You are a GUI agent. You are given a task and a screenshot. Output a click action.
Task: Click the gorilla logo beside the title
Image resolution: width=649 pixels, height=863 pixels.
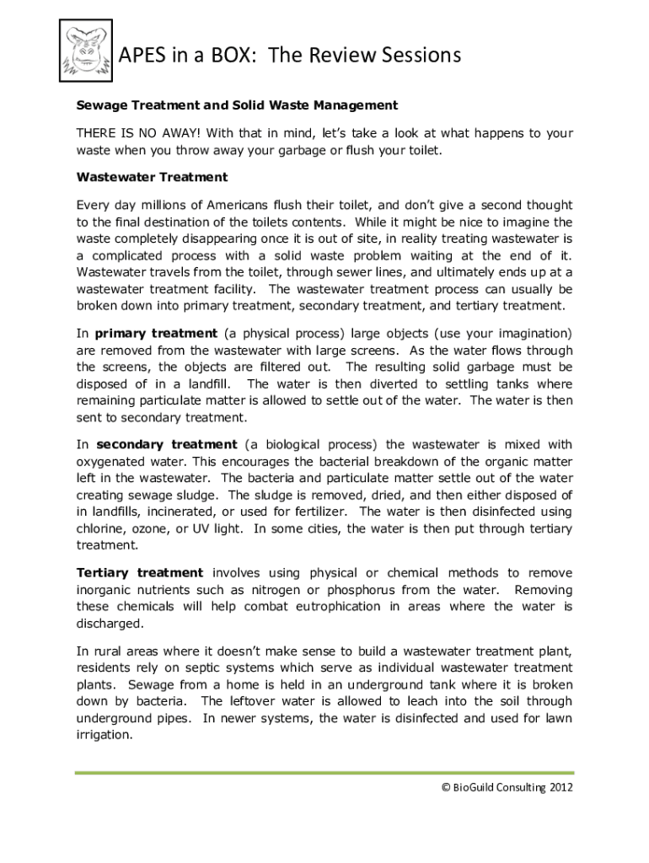(x=85, y=51)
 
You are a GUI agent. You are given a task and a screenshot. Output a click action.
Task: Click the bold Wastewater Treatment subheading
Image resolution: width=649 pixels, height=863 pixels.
(x=152, y=177)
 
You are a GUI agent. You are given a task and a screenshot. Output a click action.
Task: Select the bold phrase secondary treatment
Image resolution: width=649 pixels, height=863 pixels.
(x=167, y=444)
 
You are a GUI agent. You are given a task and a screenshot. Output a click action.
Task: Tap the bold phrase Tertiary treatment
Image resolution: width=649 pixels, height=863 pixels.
(x=140, y=573)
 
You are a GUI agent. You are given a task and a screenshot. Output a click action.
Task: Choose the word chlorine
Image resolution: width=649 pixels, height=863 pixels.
(x=100, y=528)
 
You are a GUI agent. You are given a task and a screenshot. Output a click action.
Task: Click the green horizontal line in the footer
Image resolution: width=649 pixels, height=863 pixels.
(x=324, y=772)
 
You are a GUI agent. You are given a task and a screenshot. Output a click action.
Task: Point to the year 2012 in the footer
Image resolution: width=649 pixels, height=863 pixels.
(x=561, y=788)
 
